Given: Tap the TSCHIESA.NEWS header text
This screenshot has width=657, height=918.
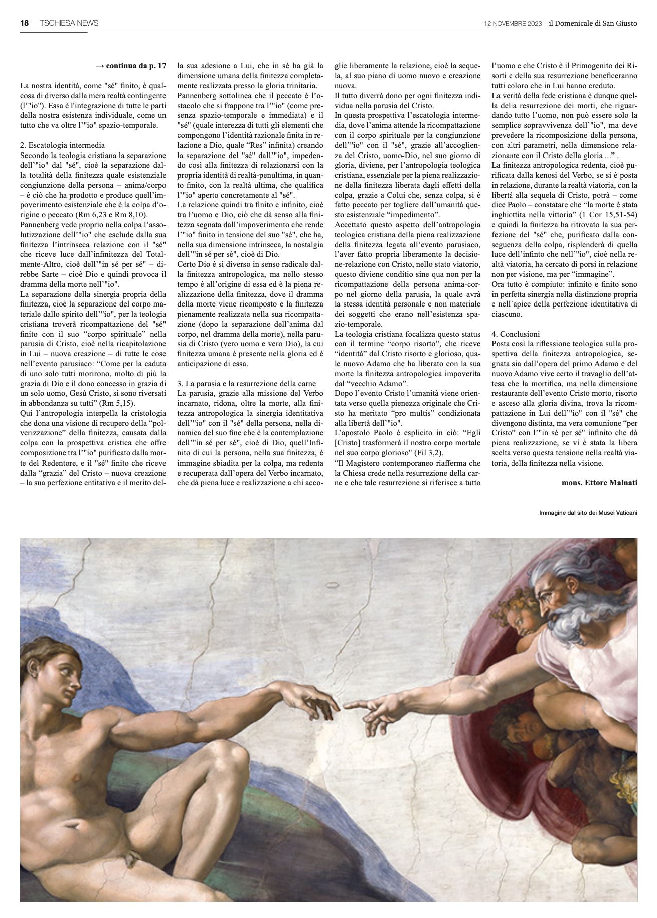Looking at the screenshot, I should coord(69,23).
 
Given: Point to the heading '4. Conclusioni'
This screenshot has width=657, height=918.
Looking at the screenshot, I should coord(516,334).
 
